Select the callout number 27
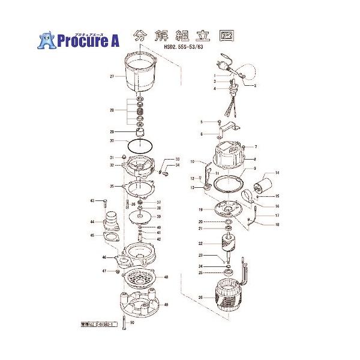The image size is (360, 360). (112, 77)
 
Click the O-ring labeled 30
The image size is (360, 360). (140, 146)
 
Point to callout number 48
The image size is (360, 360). (166, 277)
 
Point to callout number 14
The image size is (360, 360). (277, 173)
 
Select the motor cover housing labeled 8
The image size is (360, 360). (226, 157)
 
